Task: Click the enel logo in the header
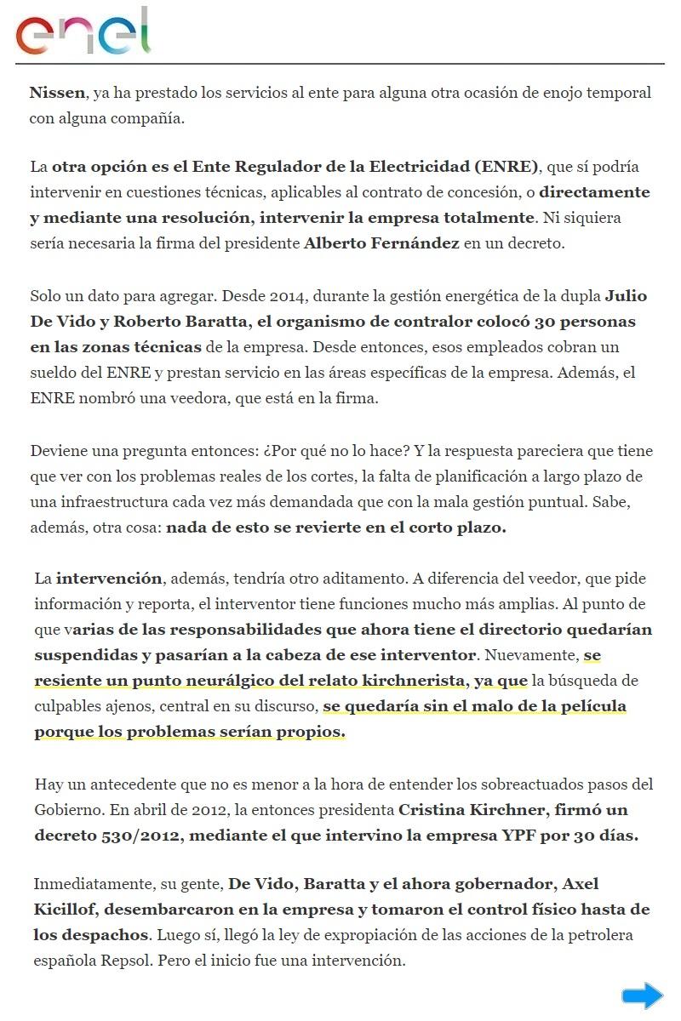[x=83, y=32]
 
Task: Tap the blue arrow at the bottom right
[x=642, y=995]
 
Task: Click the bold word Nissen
[x=57, y=92]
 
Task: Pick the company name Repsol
[x=129, y=961]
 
